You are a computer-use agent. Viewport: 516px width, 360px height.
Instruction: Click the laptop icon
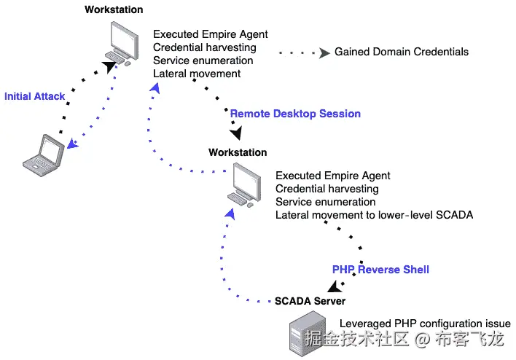[x=43, y=155]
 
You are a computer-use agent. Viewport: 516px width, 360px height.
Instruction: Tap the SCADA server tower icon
[x=308, y=334]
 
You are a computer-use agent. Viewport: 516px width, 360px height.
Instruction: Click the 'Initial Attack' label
[x=34, y=96]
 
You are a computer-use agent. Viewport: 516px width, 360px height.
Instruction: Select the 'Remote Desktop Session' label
[x=295, y=114]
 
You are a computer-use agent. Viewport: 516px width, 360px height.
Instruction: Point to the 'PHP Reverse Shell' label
[x=380, y=270]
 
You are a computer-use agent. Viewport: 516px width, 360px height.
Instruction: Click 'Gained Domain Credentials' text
[x=402, y=52]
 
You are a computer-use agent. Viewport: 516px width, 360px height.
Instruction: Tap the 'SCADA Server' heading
[x=310, y=301]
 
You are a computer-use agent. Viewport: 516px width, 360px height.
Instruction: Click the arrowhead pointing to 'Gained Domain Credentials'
[x=324, y=52]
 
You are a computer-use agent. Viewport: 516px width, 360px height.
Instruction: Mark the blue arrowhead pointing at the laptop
[x=73, y=144]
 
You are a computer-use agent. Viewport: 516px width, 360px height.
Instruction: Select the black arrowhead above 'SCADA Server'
[x=335, y=286]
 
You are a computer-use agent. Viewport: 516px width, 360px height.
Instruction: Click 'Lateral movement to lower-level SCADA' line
[x=374, y=215]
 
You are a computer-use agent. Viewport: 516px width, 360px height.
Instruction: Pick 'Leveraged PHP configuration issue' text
[x=425, y=324]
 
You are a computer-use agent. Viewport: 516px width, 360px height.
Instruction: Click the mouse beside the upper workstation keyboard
[x=128, y=63]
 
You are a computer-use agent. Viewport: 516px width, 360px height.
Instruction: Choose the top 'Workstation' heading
[x=114, y=9]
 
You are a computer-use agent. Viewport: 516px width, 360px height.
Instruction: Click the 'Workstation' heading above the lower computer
[x=238, y=152]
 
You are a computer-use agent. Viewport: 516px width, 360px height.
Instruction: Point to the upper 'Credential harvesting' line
[x=204, y=47]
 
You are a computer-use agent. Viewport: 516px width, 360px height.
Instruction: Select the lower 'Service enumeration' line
[x=326, y=202]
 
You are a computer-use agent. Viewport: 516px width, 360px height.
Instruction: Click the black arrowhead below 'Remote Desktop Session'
[x=236, y=133]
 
